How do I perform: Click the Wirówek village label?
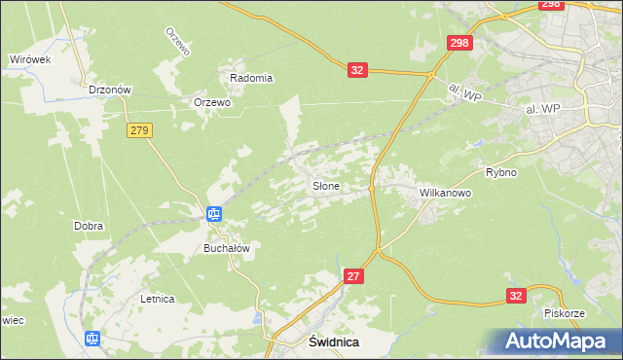pos(30,59)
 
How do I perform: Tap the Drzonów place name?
pos(110,89)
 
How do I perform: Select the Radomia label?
pos(251,78)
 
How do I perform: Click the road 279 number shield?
pos(139,130)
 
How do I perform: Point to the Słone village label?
pos(325,185)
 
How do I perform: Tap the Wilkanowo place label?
pos(445,193)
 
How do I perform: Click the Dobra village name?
pos(89,226)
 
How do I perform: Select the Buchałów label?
pos(227,248)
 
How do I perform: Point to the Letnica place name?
pos(157,299)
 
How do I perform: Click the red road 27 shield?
pos(354,277)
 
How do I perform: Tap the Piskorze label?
pos(564,313)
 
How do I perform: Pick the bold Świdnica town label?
pos(334,342)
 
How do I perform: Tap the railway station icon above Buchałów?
pos(214,214)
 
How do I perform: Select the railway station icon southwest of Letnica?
pos(92,339)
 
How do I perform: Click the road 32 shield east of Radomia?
pos(357,70)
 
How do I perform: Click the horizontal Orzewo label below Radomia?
pos(211,102)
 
